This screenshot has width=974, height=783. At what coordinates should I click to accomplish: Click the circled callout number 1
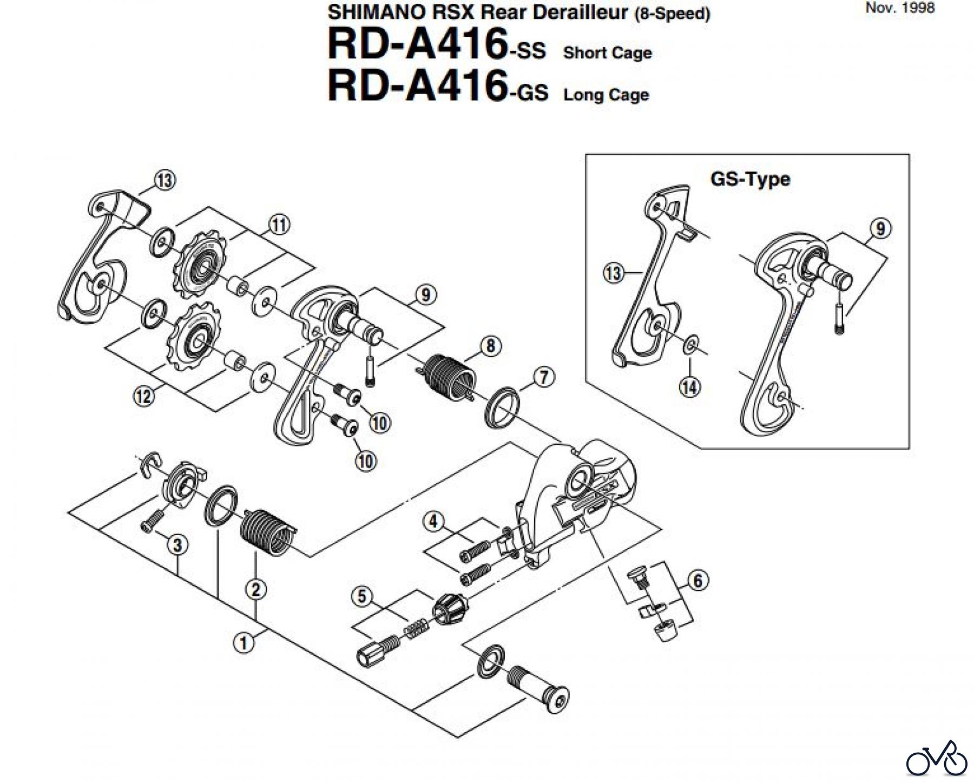(x=243, y=643)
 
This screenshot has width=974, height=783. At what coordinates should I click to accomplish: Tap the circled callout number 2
(x=255, y=589)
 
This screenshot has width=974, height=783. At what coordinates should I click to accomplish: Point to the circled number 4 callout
(x=433, y=522)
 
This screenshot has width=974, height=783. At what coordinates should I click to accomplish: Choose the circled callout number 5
(x=362, y=597)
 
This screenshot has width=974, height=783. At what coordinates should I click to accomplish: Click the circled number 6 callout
(x=697, y=581)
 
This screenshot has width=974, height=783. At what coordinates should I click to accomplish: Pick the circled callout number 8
(x=490, y=346)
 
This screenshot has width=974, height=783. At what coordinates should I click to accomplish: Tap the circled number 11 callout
(x=279, y=225)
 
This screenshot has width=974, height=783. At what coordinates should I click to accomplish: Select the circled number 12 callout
(x=144, y=397)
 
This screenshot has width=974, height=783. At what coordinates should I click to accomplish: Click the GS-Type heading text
(x=750, y=179)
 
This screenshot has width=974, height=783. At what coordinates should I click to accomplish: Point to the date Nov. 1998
(x=900, y=8)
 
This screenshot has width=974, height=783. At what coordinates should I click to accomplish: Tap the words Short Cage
(x=607, y=53)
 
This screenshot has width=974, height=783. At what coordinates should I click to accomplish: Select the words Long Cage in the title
(x=606, y=95)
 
